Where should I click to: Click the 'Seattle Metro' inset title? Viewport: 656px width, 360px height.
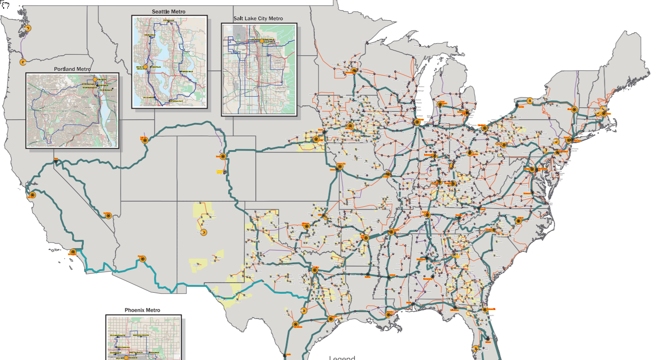[x=169, y=12]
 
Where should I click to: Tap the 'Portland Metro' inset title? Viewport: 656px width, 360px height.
[x=72, y=69]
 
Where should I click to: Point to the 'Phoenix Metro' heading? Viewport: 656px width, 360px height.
[x=143, y=310]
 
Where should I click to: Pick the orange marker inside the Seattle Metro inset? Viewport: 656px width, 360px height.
[x=145, y=67]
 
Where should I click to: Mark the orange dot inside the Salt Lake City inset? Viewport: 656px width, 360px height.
[x=261, y=41]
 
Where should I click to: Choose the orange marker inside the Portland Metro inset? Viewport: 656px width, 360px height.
[x=95, y=79]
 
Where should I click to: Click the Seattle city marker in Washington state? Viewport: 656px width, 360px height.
[x=28, y=28]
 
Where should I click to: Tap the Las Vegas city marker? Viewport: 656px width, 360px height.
[x=109, y=215]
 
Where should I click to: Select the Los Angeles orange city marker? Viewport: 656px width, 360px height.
[x=73, y=252]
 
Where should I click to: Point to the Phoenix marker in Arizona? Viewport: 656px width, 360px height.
[x=143, y=259]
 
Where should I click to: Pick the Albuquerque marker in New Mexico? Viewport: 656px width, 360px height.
[x=204, y=232]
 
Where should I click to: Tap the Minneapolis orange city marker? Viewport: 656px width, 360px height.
[x=354, y=70]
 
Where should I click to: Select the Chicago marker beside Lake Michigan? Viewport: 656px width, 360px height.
[x=417, y=122]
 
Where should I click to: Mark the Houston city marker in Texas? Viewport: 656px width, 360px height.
[x=330, y=319]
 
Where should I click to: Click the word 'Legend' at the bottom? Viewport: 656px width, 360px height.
[x=342, y=358]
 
